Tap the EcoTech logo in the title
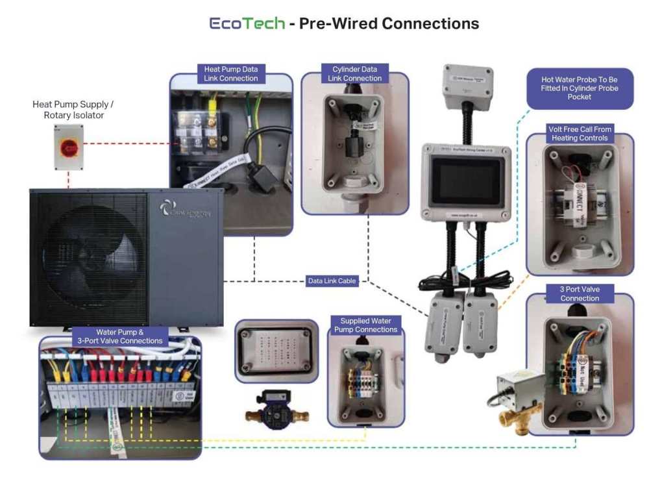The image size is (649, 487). click(x=247, y=23)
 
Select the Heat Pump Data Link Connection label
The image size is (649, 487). click(x=230, y=73)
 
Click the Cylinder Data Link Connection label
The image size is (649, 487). click(x=354, y=73)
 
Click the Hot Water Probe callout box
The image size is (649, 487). click(x=580, y=88)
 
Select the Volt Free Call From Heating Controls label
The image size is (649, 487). click(x=580, y=134)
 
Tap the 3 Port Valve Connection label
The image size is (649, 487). click(x=580, y=293)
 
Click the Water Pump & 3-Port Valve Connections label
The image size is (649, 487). click(x=121, y=336)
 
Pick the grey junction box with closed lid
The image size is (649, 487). click(x=275, y=351)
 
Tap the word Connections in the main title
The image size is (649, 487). click(x=430, y=23)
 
